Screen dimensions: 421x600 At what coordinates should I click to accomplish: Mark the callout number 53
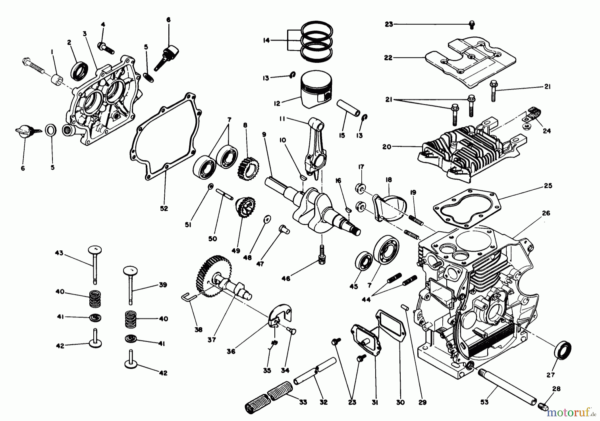tap(484, 402)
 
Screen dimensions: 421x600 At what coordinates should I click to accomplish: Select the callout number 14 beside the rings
tap(266, 40)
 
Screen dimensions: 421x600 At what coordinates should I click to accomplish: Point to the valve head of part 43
tap(95, 249)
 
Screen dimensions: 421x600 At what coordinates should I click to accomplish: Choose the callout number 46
tap(286, 278)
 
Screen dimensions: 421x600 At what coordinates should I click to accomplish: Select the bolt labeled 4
tap(106, 48)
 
